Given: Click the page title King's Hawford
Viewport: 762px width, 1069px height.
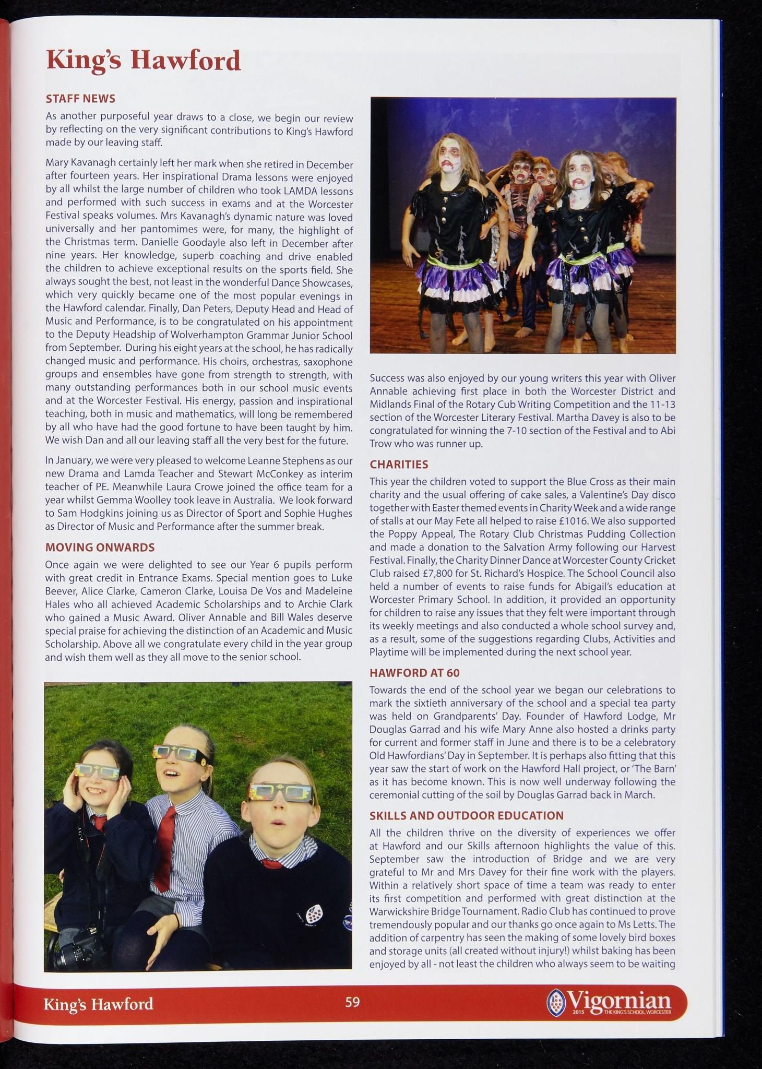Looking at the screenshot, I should [x=144, y=61].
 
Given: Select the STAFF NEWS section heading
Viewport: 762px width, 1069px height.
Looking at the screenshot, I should [x=80, y=99].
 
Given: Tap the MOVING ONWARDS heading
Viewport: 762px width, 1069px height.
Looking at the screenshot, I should [x=100, y=547].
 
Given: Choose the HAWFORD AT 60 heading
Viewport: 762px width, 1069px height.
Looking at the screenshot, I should [x=414, y=673].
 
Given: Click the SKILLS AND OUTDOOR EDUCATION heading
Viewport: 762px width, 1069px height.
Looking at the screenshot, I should [x=467, y=815].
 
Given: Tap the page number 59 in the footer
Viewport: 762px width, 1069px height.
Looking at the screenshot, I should [x=352, y=1002].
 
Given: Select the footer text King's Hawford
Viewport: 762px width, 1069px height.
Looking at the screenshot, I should [x=98, y=1004].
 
